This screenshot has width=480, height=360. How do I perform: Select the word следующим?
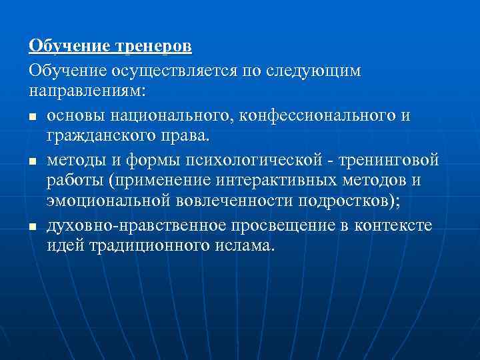tap(319, 71)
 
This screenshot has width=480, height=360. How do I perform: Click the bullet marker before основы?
tap(33, 117)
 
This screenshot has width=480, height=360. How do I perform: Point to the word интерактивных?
tap(271, 181)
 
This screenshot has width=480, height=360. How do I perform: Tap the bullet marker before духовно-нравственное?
tap(33, 227)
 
